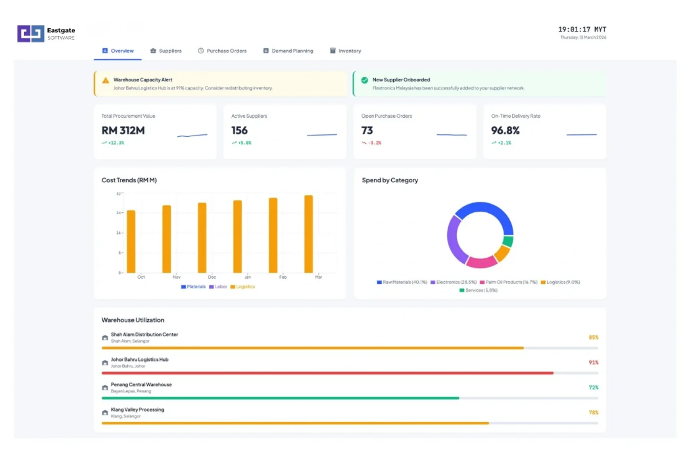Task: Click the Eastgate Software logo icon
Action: click(x=31, y=34)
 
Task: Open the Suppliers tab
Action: click(x=166, y=51)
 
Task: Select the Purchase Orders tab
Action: click(x=222, y=51)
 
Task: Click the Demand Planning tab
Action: click(x=288, y=51)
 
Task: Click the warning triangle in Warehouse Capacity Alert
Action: click(x=105, y=80)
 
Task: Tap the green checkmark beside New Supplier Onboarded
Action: click(x=365, y=80)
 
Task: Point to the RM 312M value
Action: click(x=123, y=131)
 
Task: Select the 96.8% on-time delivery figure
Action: click(x=505, y=131)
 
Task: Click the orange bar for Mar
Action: click(x=309, y=234)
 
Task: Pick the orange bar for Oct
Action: click(x=131, y=242)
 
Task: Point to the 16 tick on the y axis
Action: click(x=118, y=233)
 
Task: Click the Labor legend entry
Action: click(x=218, y=287)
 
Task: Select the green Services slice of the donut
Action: click(x=508, y=241)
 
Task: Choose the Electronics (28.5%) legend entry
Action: click(x=453, y=282)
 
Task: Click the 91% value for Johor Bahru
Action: click(x=593, y=362)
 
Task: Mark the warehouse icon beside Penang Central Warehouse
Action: click(x=105, y=388)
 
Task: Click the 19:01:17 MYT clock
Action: click(x=582, y=30)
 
